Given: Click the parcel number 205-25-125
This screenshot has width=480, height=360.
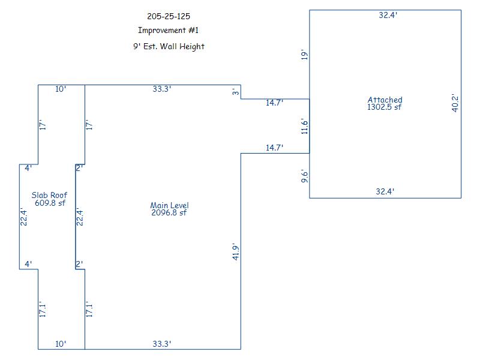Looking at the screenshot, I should click(169, 16).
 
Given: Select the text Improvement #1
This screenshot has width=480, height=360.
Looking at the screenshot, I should click(169, 31).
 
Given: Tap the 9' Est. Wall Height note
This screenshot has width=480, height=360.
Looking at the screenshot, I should click(169, 46).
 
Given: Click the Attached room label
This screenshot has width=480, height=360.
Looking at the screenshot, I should click(385, 100).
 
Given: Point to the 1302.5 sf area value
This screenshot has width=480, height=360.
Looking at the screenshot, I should click(385, 107).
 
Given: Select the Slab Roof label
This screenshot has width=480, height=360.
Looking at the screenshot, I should click(49, 195).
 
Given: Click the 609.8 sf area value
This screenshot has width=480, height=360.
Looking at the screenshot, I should click(49, 203).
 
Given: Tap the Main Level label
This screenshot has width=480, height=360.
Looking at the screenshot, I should click(169, 205).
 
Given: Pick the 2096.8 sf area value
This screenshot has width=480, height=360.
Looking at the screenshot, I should click(169, 212).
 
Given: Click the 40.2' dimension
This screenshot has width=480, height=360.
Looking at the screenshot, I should click(455, 103).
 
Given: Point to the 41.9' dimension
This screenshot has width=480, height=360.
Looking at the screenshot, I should click(236, 251).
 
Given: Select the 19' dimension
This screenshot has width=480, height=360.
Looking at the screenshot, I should click(304, 55).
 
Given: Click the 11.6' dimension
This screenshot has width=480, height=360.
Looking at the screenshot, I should click(304, 126).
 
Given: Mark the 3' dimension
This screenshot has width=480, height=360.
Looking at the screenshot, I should click(236, 92).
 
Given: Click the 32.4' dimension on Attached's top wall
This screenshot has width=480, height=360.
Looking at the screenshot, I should click(388, 16).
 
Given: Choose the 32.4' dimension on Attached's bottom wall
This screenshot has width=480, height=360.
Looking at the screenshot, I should click(385, 192).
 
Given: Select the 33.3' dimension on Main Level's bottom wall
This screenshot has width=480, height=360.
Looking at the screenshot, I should click(162, 344).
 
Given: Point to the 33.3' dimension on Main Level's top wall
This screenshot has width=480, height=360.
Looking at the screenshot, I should click(162, 89).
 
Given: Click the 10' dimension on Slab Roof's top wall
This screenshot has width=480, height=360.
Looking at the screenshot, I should click(61, 89).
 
